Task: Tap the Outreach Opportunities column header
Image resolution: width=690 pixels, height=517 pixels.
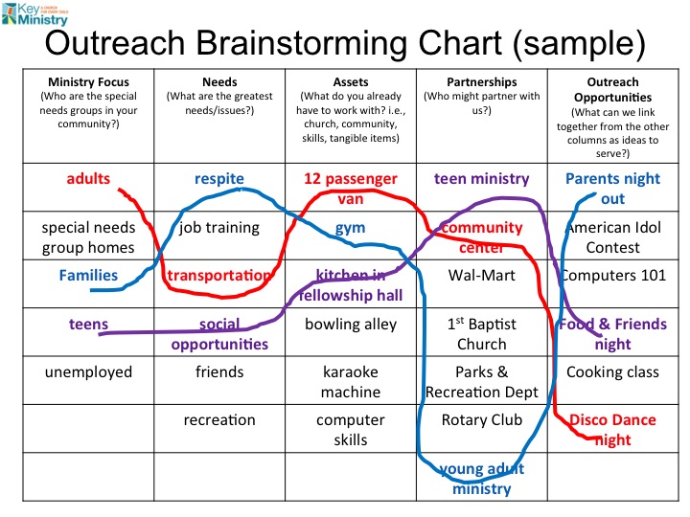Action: click(615, 117)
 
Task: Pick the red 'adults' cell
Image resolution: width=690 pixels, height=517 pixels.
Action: click(88, 179)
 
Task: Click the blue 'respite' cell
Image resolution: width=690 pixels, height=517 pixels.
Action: click(219, 179)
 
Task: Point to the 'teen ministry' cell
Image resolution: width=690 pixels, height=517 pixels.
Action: click(481, 179)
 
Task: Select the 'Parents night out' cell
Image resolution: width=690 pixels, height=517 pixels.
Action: click(615, 189)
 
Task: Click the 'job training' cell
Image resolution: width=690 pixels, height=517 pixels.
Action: click(219, 228)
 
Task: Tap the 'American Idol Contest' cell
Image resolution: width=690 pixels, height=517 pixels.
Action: click(615, 237)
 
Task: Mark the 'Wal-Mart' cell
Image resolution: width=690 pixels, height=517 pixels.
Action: click(481, 276)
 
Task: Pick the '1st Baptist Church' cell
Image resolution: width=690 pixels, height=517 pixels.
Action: click(481, 333)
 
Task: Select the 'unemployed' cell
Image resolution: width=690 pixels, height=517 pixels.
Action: click(88, 371)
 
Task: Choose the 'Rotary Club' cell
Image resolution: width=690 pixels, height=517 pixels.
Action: click(481, 419)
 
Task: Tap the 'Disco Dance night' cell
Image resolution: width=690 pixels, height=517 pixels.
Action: click(613, 429)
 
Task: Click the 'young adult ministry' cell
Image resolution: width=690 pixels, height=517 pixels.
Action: click(481, 478)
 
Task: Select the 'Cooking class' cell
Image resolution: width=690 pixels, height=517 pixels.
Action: click(615, 371)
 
